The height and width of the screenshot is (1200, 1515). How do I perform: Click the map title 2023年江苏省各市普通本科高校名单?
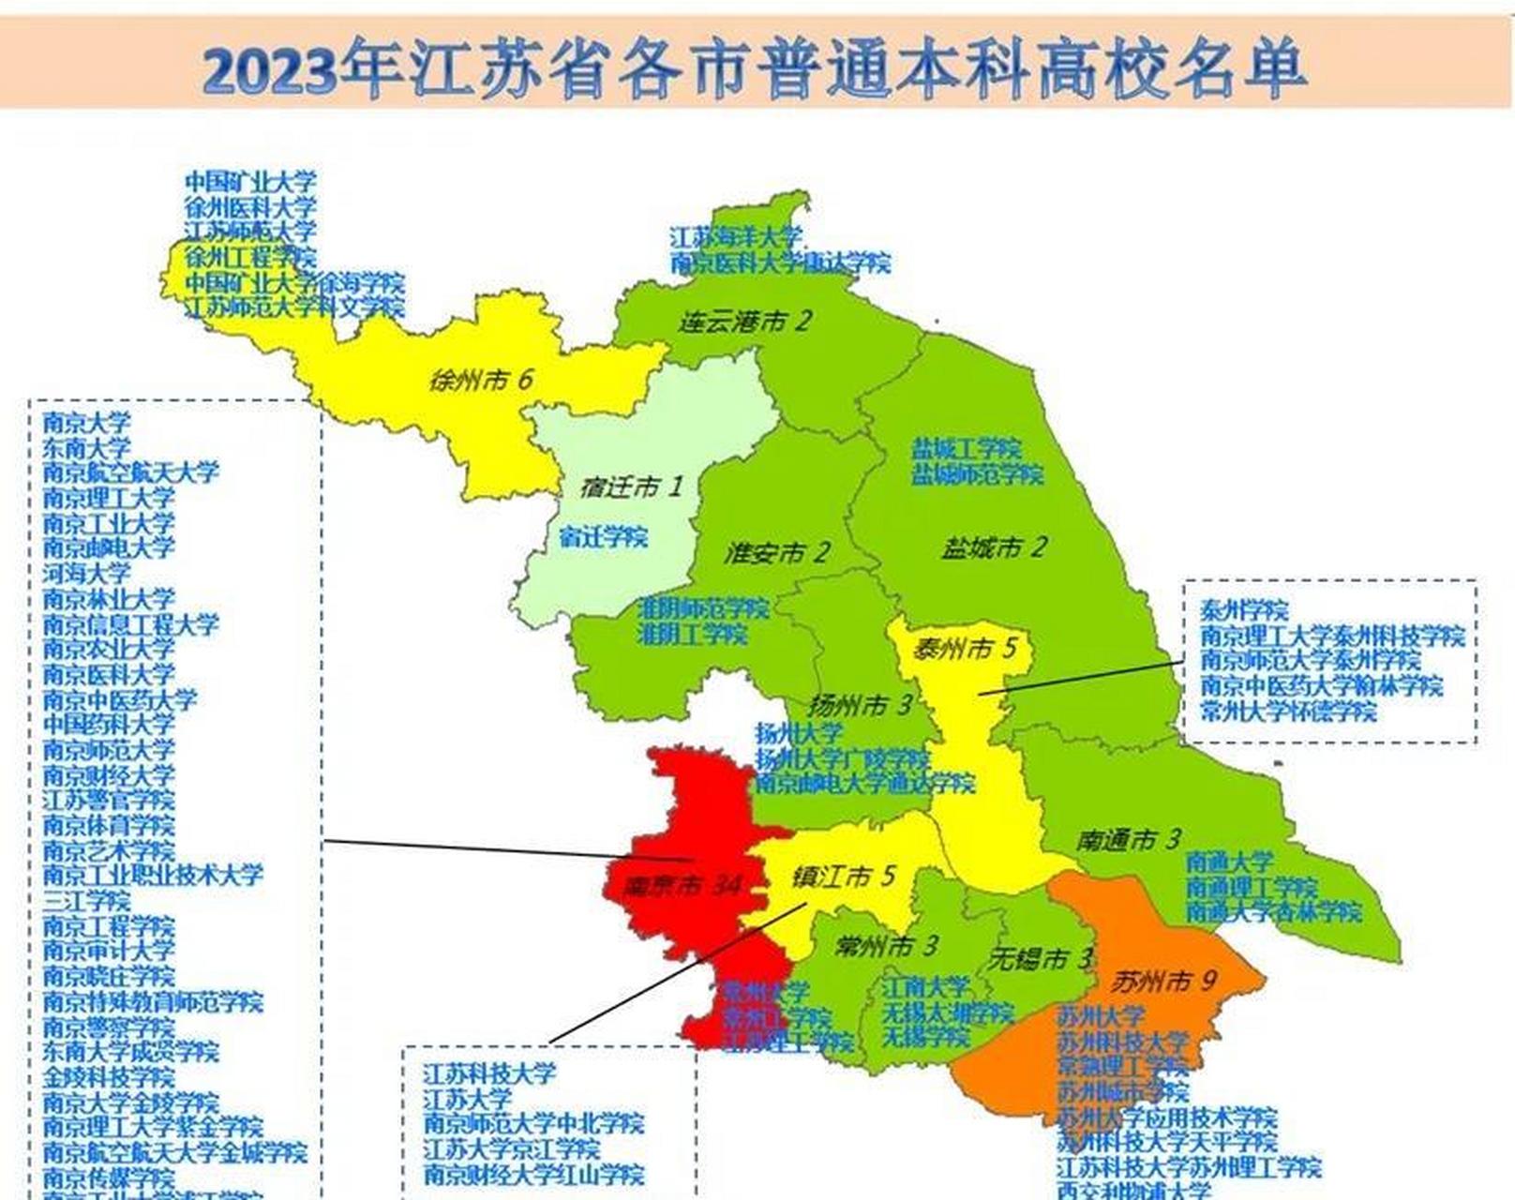pos(755,67)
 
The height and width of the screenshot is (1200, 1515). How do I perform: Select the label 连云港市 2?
pos(745,322)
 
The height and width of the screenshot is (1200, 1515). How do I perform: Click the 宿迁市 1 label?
pos(632,487)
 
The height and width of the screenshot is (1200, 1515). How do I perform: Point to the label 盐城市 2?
pos(994,547)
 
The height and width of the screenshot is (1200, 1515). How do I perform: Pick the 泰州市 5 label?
pos(965,648)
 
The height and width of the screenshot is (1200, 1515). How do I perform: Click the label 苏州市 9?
pos(1163,982)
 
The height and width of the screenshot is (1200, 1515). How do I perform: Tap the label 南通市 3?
pos(1128,839)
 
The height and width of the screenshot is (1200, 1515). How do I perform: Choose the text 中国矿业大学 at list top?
pos(250,181)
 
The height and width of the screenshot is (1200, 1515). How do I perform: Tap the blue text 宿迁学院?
pos(603,537)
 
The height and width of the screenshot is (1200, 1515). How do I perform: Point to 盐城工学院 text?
pos(967,448)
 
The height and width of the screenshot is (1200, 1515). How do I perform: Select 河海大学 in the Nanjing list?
pos(86,572)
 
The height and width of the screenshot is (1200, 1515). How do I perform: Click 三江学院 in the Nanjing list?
pos(86,901)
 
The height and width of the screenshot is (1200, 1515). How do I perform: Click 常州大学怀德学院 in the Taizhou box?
pos(1288,711)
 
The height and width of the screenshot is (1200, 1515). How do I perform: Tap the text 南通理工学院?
pos(1251,886)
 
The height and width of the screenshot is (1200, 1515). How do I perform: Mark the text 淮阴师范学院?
pos(703,607)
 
